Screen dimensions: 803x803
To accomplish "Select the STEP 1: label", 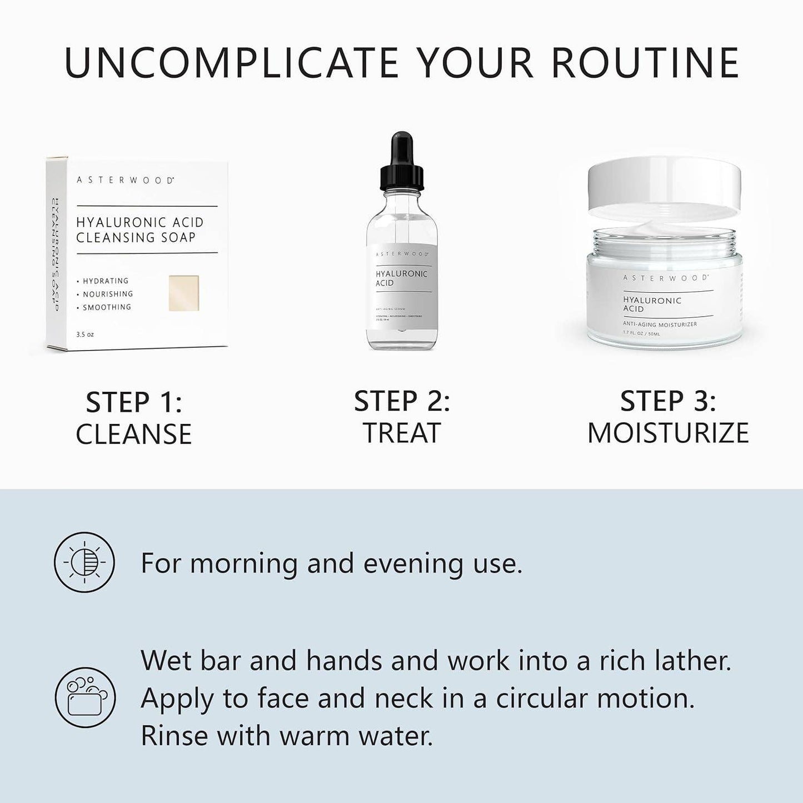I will click(134, 402).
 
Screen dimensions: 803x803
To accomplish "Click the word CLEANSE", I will click(134, 434).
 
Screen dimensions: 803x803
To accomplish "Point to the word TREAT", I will click(402, 433).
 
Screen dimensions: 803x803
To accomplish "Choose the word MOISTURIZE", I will click(668, 433).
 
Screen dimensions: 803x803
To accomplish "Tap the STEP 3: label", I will click(668, 401).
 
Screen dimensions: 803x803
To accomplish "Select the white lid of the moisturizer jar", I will click(664, 183).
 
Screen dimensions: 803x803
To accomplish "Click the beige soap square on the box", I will click(184, 293).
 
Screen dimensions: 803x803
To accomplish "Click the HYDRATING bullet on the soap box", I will click(106, 281).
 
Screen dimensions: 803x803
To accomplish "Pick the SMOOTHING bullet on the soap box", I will click(107, 307).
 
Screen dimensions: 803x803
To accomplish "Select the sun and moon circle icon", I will click(84, 562).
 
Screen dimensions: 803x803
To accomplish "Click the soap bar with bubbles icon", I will click(84, 697).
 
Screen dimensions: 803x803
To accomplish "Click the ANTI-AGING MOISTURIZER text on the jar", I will click(660, 324).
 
